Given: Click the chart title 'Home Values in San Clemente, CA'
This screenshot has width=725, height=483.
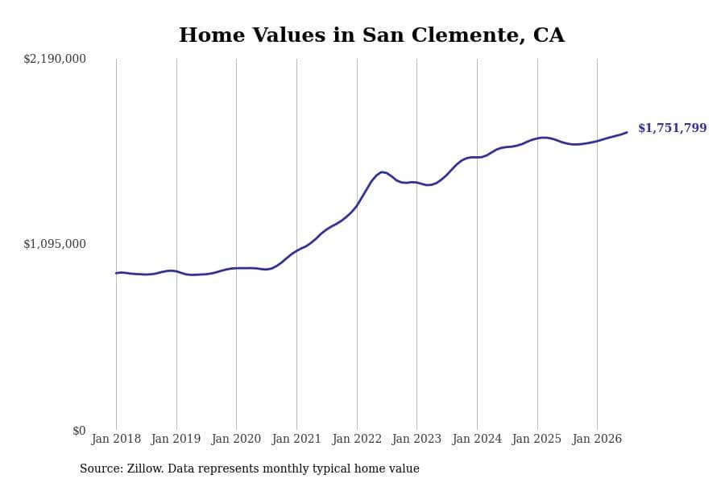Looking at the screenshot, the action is [x=371, y=35].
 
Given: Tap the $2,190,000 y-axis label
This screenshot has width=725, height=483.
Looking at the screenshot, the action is [x=55, y=59].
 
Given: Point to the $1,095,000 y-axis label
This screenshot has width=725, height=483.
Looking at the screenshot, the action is [x=55, y=244].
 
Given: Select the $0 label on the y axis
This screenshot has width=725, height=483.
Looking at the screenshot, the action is [x=79, y=431].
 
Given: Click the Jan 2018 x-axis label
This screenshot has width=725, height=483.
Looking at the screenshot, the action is [x=116, y=439].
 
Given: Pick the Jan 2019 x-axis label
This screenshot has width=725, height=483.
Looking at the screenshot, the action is [x=176, y=439].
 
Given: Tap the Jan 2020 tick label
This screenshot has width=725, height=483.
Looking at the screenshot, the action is [x=236, y=439].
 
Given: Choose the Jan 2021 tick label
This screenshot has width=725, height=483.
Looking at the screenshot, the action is [x=296, y=439].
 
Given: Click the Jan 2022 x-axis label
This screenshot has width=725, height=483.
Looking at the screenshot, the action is [x=357, y=439].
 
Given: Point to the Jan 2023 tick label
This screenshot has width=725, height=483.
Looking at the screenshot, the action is [x=416, y=439].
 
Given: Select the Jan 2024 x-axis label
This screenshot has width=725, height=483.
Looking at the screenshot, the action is [x=477, y=439].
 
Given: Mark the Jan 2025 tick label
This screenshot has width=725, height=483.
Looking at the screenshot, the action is [x=536, y=439].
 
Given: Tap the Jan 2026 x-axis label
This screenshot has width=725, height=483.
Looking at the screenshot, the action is [x=597, y=439].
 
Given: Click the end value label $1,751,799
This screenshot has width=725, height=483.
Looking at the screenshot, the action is [x=673, y=128].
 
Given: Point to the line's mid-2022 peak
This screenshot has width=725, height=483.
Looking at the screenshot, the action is [x=382, y=172].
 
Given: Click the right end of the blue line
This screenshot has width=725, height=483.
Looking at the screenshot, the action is [x=627, y=132].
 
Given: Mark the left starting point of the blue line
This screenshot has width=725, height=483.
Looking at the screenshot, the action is [x=116, y=273].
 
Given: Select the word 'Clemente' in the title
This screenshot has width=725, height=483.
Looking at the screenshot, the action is [x=468, y=35].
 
